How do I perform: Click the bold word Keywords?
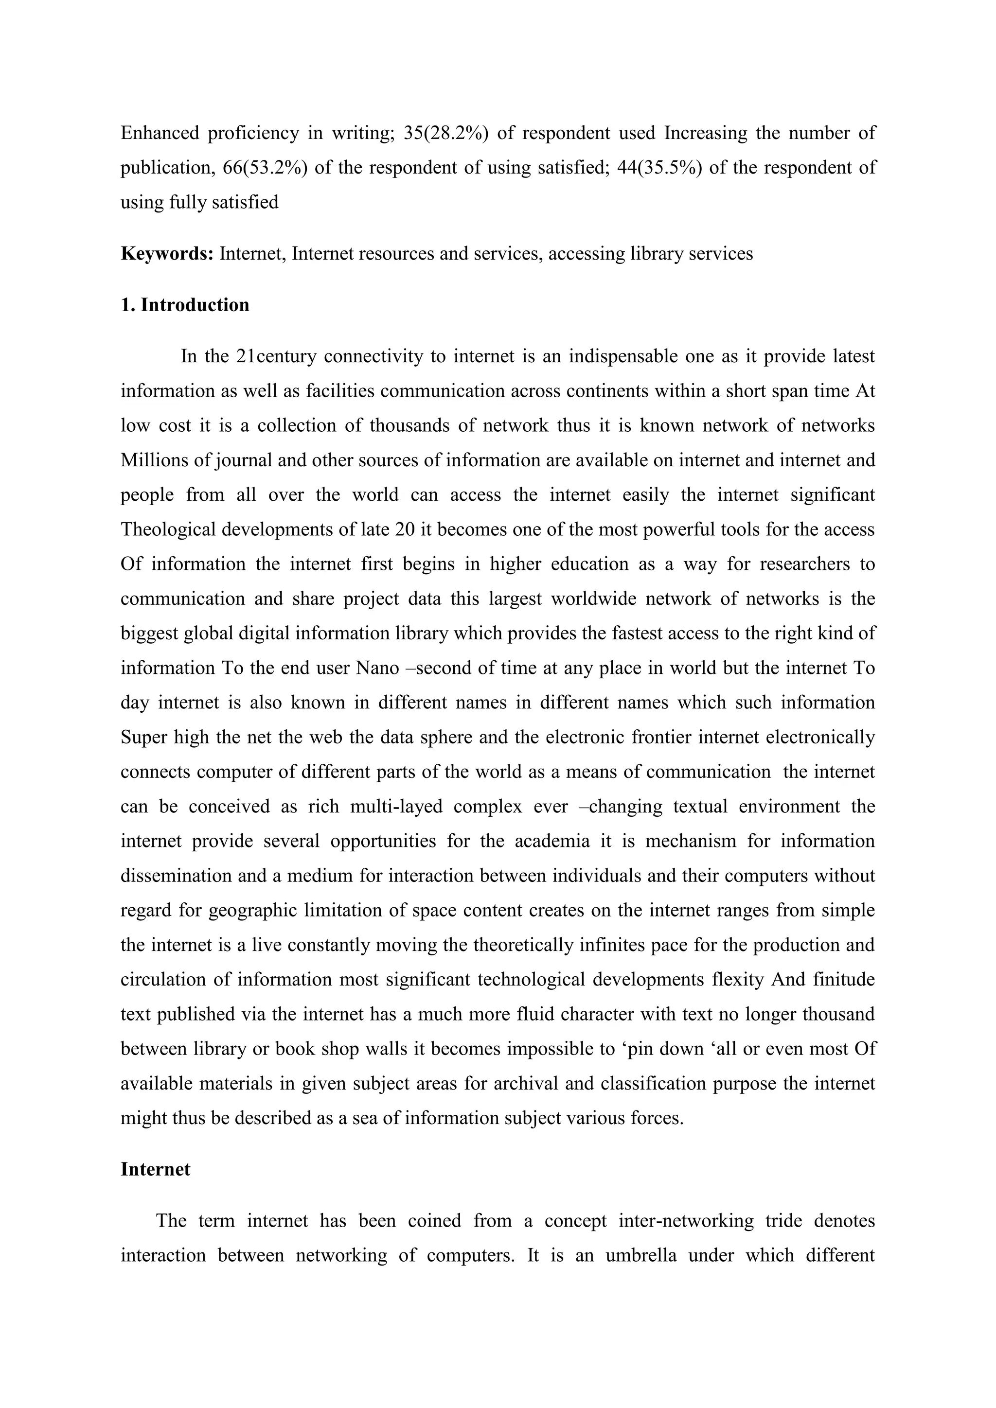tap(167, 253)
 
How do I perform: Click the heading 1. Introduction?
tap(185, 305)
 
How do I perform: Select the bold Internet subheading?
tap(155, 1169)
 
